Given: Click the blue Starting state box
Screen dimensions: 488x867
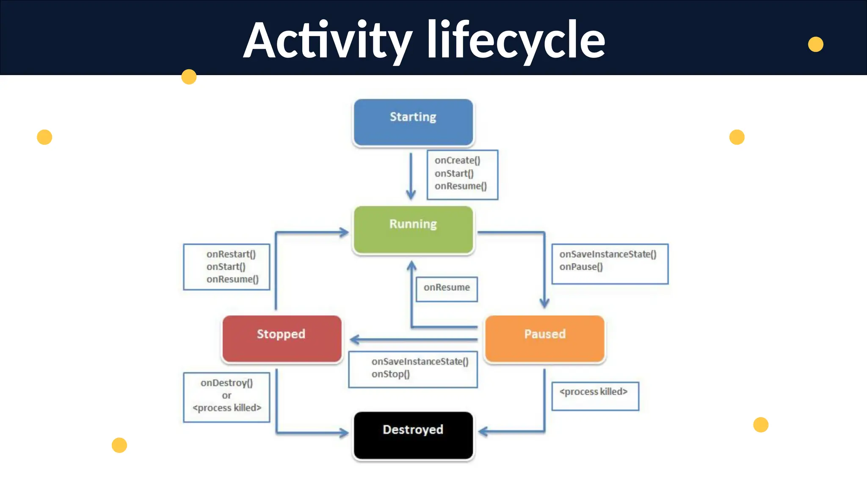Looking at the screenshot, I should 413,122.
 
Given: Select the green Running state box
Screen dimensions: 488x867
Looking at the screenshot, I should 413,230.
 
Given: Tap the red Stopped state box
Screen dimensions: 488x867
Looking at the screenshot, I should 282,338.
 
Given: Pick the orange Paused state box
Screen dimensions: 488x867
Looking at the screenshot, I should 544,338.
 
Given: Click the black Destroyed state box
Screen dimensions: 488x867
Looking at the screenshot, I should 413,435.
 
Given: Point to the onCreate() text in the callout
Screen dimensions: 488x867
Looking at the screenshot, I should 457,161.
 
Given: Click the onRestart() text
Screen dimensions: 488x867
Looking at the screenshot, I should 231,254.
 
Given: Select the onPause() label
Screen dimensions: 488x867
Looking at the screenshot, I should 581,267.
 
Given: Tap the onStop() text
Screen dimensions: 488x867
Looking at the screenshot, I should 390,374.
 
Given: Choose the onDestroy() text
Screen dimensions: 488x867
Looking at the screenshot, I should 226,383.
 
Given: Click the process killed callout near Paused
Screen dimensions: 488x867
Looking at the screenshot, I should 594,396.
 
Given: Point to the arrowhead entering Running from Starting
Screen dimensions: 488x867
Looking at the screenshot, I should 411,195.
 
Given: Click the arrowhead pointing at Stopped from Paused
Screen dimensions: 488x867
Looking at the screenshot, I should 355,339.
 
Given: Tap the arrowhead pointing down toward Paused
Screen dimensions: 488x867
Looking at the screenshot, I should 544,303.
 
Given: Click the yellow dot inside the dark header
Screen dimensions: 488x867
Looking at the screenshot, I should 815,44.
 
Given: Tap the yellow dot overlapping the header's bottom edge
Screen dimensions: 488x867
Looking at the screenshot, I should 189,77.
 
